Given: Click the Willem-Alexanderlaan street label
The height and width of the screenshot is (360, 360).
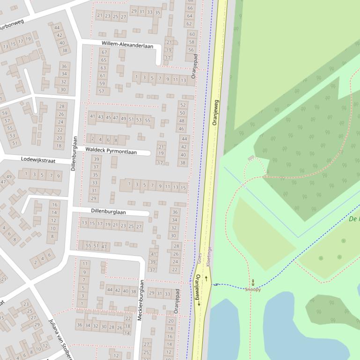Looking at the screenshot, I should click(127, 43).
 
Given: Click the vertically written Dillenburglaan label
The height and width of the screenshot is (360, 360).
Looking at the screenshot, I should click(73, 153).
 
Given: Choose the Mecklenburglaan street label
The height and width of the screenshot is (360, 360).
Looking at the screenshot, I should click(140, 300).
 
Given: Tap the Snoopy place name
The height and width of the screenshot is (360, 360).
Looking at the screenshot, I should click(253, 289).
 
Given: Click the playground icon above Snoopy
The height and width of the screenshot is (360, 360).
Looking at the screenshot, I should click(253, 281).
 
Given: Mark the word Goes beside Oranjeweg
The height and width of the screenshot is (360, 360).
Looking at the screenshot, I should click(199, 259).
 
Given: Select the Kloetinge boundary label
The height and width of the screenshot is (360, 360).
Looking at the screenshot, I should click(209, 257).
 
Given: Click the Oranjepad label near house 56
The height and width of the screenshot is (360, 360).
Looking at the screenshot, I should click(196, 66).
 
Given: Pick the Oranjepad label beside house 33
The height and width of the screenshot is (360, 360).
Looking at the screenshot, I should click(177, 301).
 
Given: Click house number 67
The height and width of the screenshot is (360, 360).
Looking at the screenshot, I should click(104, 52).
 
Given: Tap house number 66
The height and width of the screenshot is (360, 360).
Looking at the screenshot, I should click(190, 8).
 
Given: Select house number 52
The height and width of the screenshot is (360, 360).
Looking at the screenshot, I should click(183, 105).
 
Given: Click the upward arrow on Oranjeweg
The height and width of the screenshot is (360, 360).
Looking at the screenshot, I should click(206, 278).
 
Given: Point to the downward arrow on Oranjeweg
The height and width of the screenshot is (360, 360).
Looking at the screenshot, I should click(198, 303).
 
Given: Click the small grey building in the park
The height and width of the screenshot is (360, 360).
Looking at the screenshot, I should click(251, 158).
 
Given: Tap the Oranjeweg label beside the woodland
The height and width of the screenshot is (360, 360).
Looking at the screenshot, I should click(215, 112).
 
